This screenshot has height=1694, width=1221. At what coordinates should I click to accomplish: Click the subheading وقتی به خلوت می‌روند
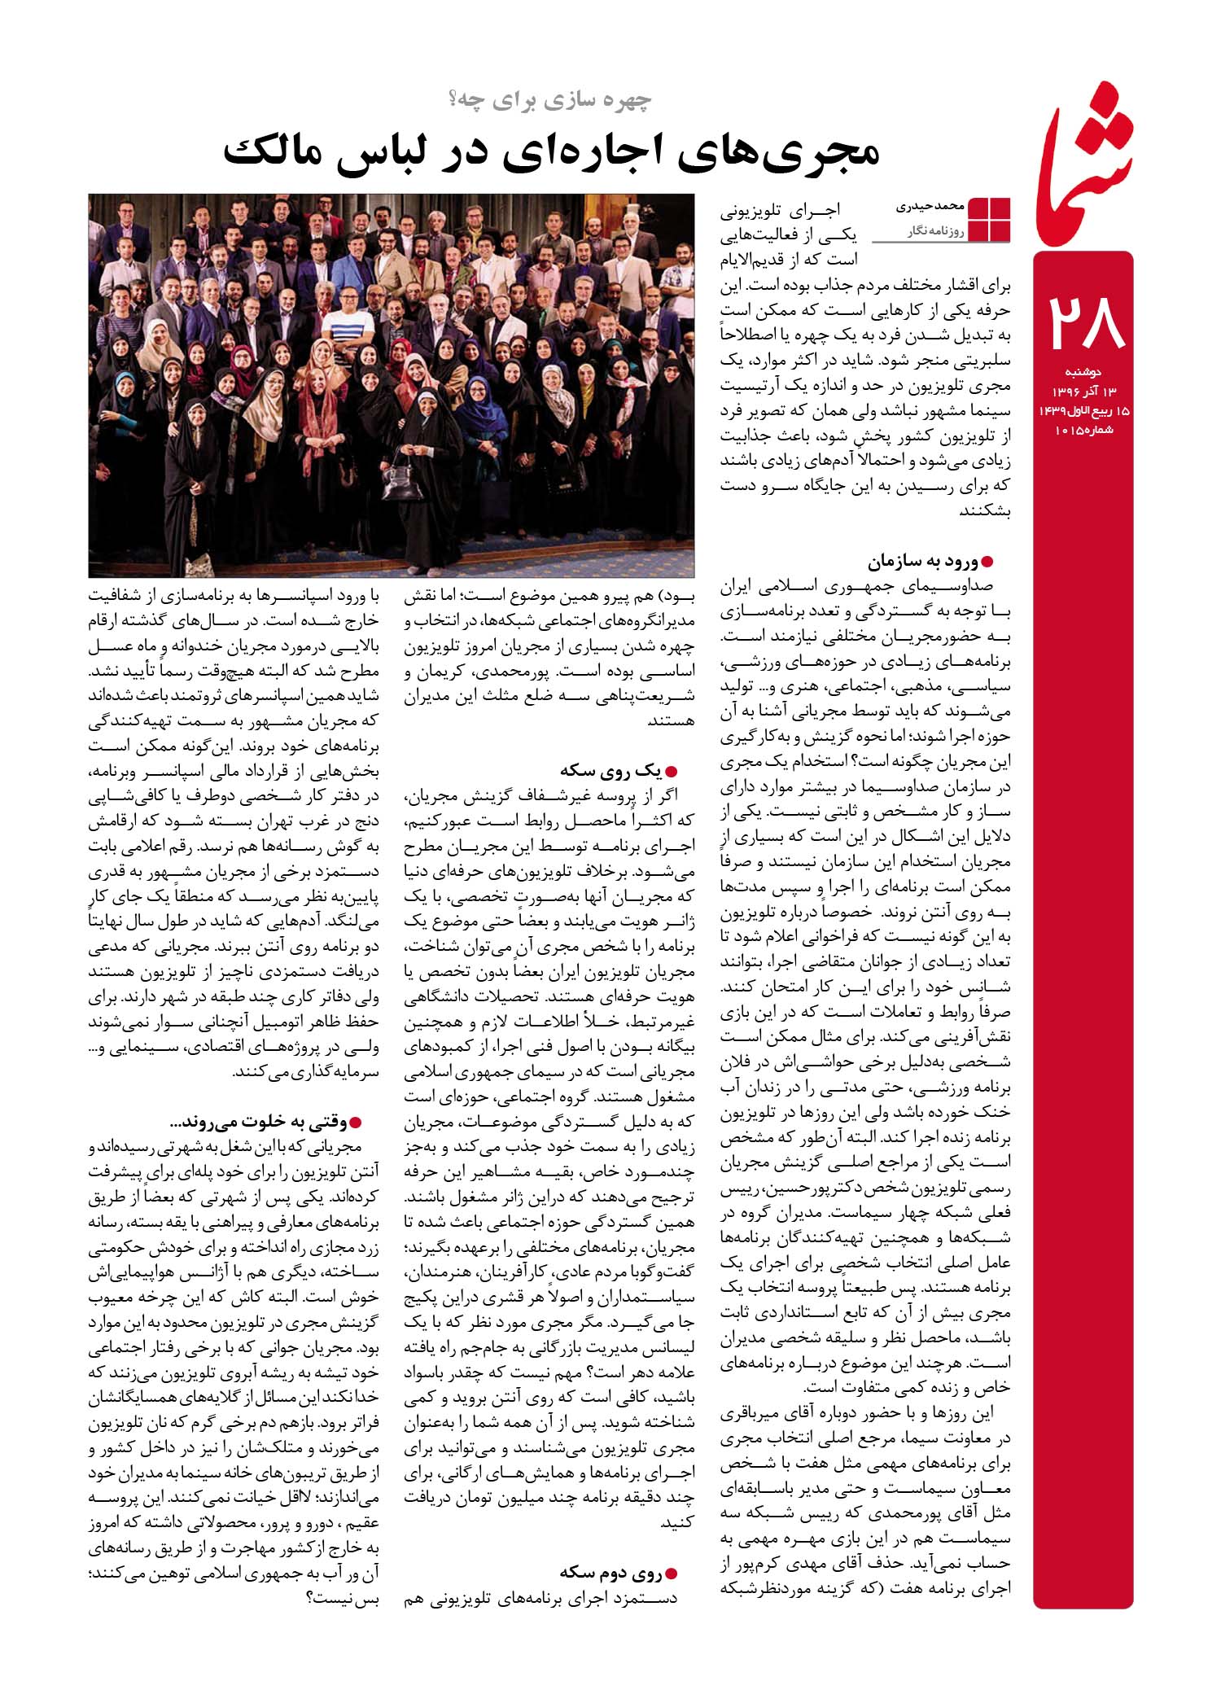pos(259,1123)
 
